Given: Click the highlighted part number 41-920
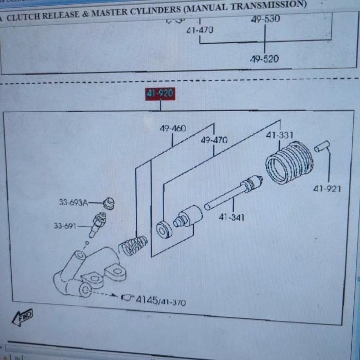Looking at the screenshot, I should point(160,94).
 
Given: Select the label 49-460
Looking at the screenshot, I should point(173,128).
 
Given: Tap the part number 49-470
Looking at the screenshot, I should point(214,140).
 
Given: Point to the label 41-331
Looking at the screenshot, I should point(279,135).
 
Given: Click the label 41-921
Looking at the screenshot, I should point(327,189).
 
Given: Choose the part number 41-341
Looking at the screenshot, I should point(231,217).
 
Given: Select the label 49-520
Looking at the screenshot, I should point(264,59).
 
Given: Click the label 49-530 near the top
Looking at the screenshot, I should point(265,19).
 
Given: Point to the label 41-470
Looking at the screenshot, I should point(200,30).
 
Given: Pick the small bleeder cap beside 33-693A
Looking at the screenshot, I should point(109,203).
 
